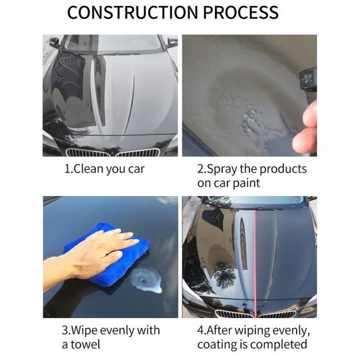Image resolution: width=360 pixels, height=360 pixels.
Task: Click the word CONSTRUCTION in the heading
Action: pyautogui.click(x=133, y=12)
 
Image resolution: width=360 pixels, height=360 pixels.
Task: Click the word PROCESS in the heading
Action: pyautogui.click(x=241, y=12)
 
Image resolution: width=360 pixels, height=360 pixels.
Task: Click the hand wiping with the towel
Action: pyautogui.click(x=92, y=255)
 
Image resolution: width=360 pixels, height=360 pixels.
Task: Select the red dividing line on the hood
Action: pyautogui.click(x=255, y=263)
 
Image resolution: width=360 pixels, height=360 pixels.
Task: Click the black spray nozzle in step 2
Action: pyautogui.click(x=308, y=80)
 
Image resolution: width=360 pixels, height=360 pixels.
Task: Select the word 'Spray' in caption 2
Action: pyautogui.click(x=222, y=169)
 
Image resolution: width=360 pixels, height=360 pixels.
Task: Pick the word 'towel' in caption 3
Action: pyautogui.click(x=85, y=344)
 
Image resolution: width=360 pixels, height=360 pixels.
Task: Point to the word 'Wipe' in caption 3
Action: pyautogui.click(x=84, y=331)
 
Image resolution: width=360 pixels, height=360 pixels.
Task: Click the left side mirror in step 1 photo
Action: pyautogui.click(x=54, y=42)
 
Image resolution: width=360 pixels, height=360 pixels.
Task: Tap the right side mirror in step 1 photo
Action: pyautogui.click(x=172, y=42)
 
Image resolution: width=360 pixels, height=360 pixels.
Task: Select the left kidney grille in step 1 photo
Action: pyautogui.click(x=88, y=152)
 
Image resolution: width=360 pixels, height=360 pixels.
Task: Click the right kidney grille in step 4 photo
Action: pyautogui.click(x=277, y=314)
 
